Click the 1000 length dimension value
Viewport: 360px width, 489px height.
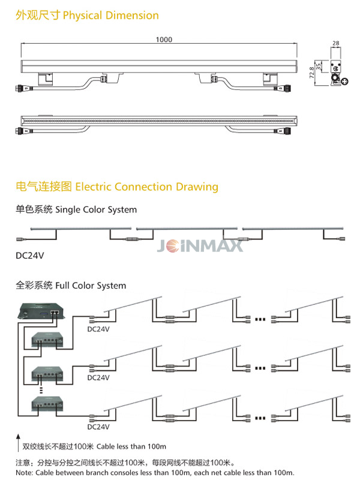164,40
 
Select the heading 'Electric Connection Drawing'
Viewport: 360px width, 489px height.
146,187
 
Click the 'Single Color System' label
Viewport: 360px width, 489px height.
96,210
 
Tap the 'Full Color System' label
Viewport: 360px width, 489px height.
91,286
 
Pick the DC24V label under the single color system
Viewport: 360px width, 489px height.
30,256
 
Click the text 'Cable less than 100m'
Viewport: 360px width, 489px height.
131,447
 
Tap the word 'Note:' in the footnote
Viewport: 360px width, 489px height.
24,473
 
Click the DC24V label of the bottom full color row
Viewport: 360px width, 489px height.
98,427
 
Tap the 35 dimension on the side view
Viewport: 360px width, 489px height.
320,66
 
